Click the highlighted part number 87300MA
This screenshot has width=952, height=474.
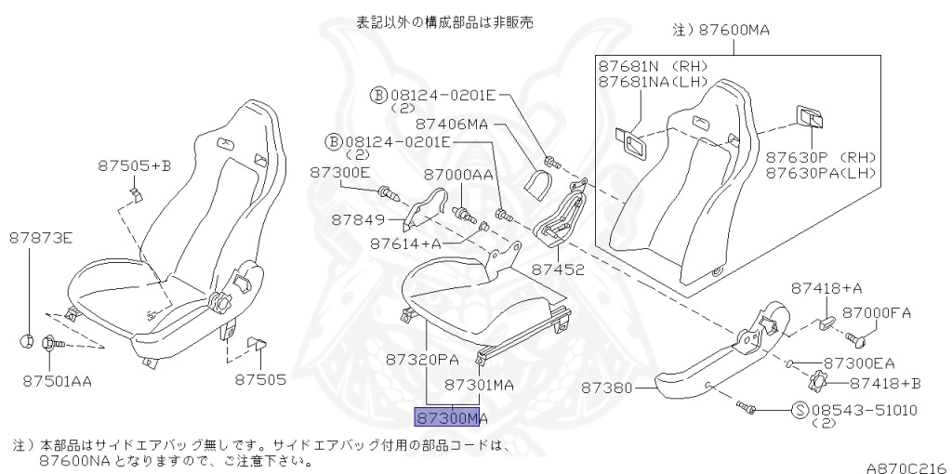[x=451, y=417]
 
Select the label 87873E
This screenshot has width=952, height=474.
[x=41, y=239]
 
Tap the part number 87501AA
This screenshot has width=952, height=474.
[x=57, y=381]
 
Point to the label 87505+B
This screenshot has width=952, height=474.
[x=135, y=165]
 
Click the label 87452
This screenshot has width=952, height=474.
[x=559, y=269]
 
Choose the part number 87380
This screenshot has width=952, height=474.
[x=606, y=388]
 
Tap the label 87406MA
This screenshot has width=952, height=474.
[x=452, y=125]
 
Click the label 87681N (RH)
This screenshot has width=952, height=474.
[x=654, y=66]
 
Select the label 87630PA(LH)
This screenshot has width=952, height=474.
[x=821, y=173]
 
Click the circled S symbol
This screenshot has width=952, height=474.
[x=801, y=410]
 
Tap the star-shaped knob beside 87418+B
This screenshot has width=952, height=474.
[x=817, y=381]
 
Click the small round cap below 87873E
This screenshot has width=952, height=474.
[x=27, y=341]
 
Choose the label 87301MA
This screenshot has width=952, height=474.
[x=480, y=385]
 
